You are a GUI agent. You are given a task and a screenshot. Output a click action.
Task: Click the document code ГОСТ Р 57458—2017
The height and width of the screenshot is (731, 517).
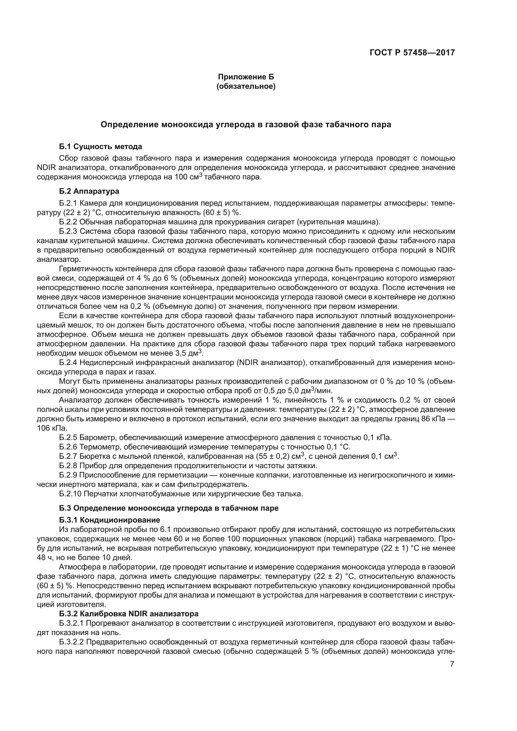(412, 53)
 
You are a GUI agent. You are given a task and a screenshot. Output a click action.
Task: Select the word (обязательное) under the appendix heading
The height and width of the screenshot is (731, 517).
(246, 86)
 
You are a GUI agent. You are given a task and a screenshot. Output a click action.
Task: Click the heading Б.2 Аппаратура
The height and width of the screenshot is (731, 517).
(89, 191)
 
